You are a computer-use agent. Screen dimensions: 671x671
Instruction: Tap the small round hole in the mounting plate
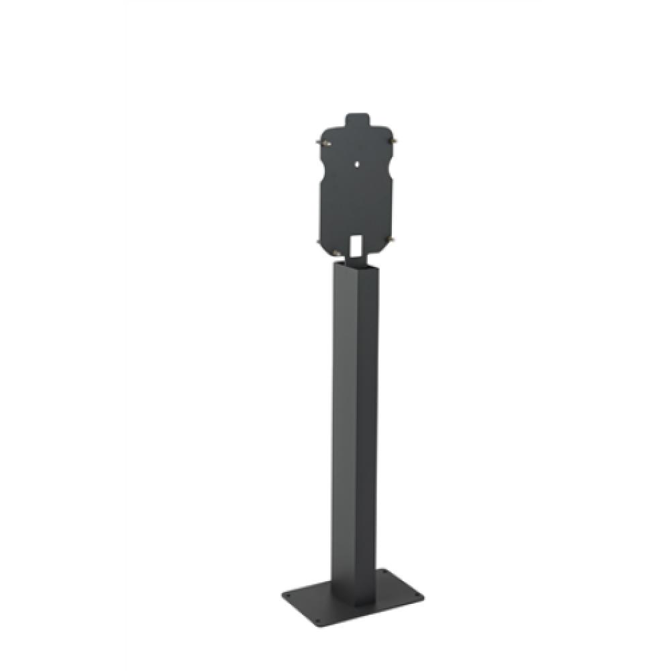coord(357,162)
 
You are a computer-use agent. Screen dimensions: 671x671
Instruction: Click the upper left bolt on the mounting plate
coord(320,142)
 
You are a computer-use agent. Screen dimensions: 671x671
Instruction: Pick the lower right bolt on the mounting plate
coord(393,239)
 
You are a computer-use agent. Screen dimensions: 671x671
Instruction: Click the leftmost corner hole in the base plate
coord(288,594)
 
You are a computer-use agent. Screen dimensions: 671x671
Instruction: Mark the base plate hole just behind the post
coord(384,572)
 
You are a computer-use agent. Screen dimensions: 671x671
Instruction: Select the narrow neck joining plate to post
coord(356,256)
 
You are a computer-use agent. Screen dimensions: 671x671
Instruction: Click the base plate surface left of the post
coord(312,597)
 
